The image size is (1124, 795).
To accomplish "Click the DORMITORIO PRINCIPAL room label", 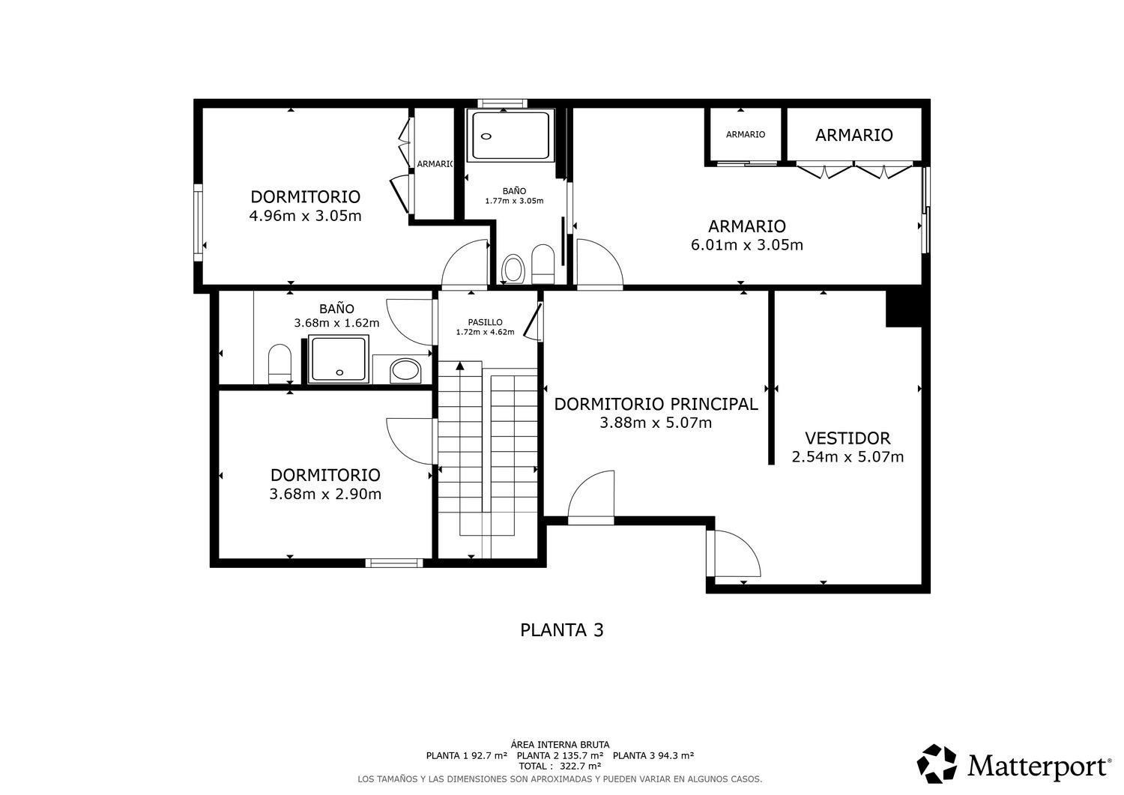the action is click(656, 404).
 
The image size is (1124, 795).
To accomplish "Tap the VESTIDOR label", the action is click(847, 438).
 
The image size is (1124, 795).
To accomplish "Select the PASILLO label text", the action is click(486, 322).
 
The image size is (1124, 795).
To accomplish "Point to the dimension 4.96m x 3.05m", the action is click(305, 216).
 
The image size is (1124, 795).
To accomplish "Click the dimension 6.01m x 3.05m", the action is click(746, 245).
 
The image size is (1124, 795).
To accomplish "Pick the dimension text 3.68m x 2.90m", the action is click(325, 495).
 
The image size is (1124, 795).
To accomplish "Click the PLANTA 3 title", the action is click(561, 630).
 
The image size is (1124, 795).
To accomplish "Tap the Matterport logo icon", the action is click(937, 764).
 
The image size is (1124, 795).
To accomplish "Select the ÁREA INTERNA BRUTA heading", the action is click(560, 745).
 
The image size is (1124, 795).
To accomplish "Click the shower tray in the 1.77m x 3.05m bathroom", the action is click(510, 135).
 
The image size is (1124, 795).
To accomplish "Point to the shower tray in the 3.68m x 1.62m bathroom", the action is click(338, 360).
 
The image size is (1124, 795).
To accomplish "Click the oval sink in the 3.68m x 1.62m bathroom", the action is click(405, 370).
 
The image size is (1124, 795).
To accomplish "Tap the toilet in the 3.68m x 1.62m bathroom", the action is click(280, 363).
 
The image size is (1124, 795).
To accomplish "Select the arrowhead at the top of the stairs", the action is click(460, 366).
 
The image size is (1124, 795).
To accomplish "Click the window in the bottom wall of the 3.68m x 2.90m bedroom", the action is click(394, 563).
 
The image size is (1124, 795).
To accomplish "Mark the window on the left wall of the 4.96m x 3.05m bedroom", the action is click(199, 223).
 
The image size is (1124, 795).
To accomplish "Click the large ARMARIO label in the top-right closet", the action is click(854, 135).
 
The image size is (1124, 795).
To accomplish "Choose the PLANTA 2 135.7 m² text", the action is click(560, 755).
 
